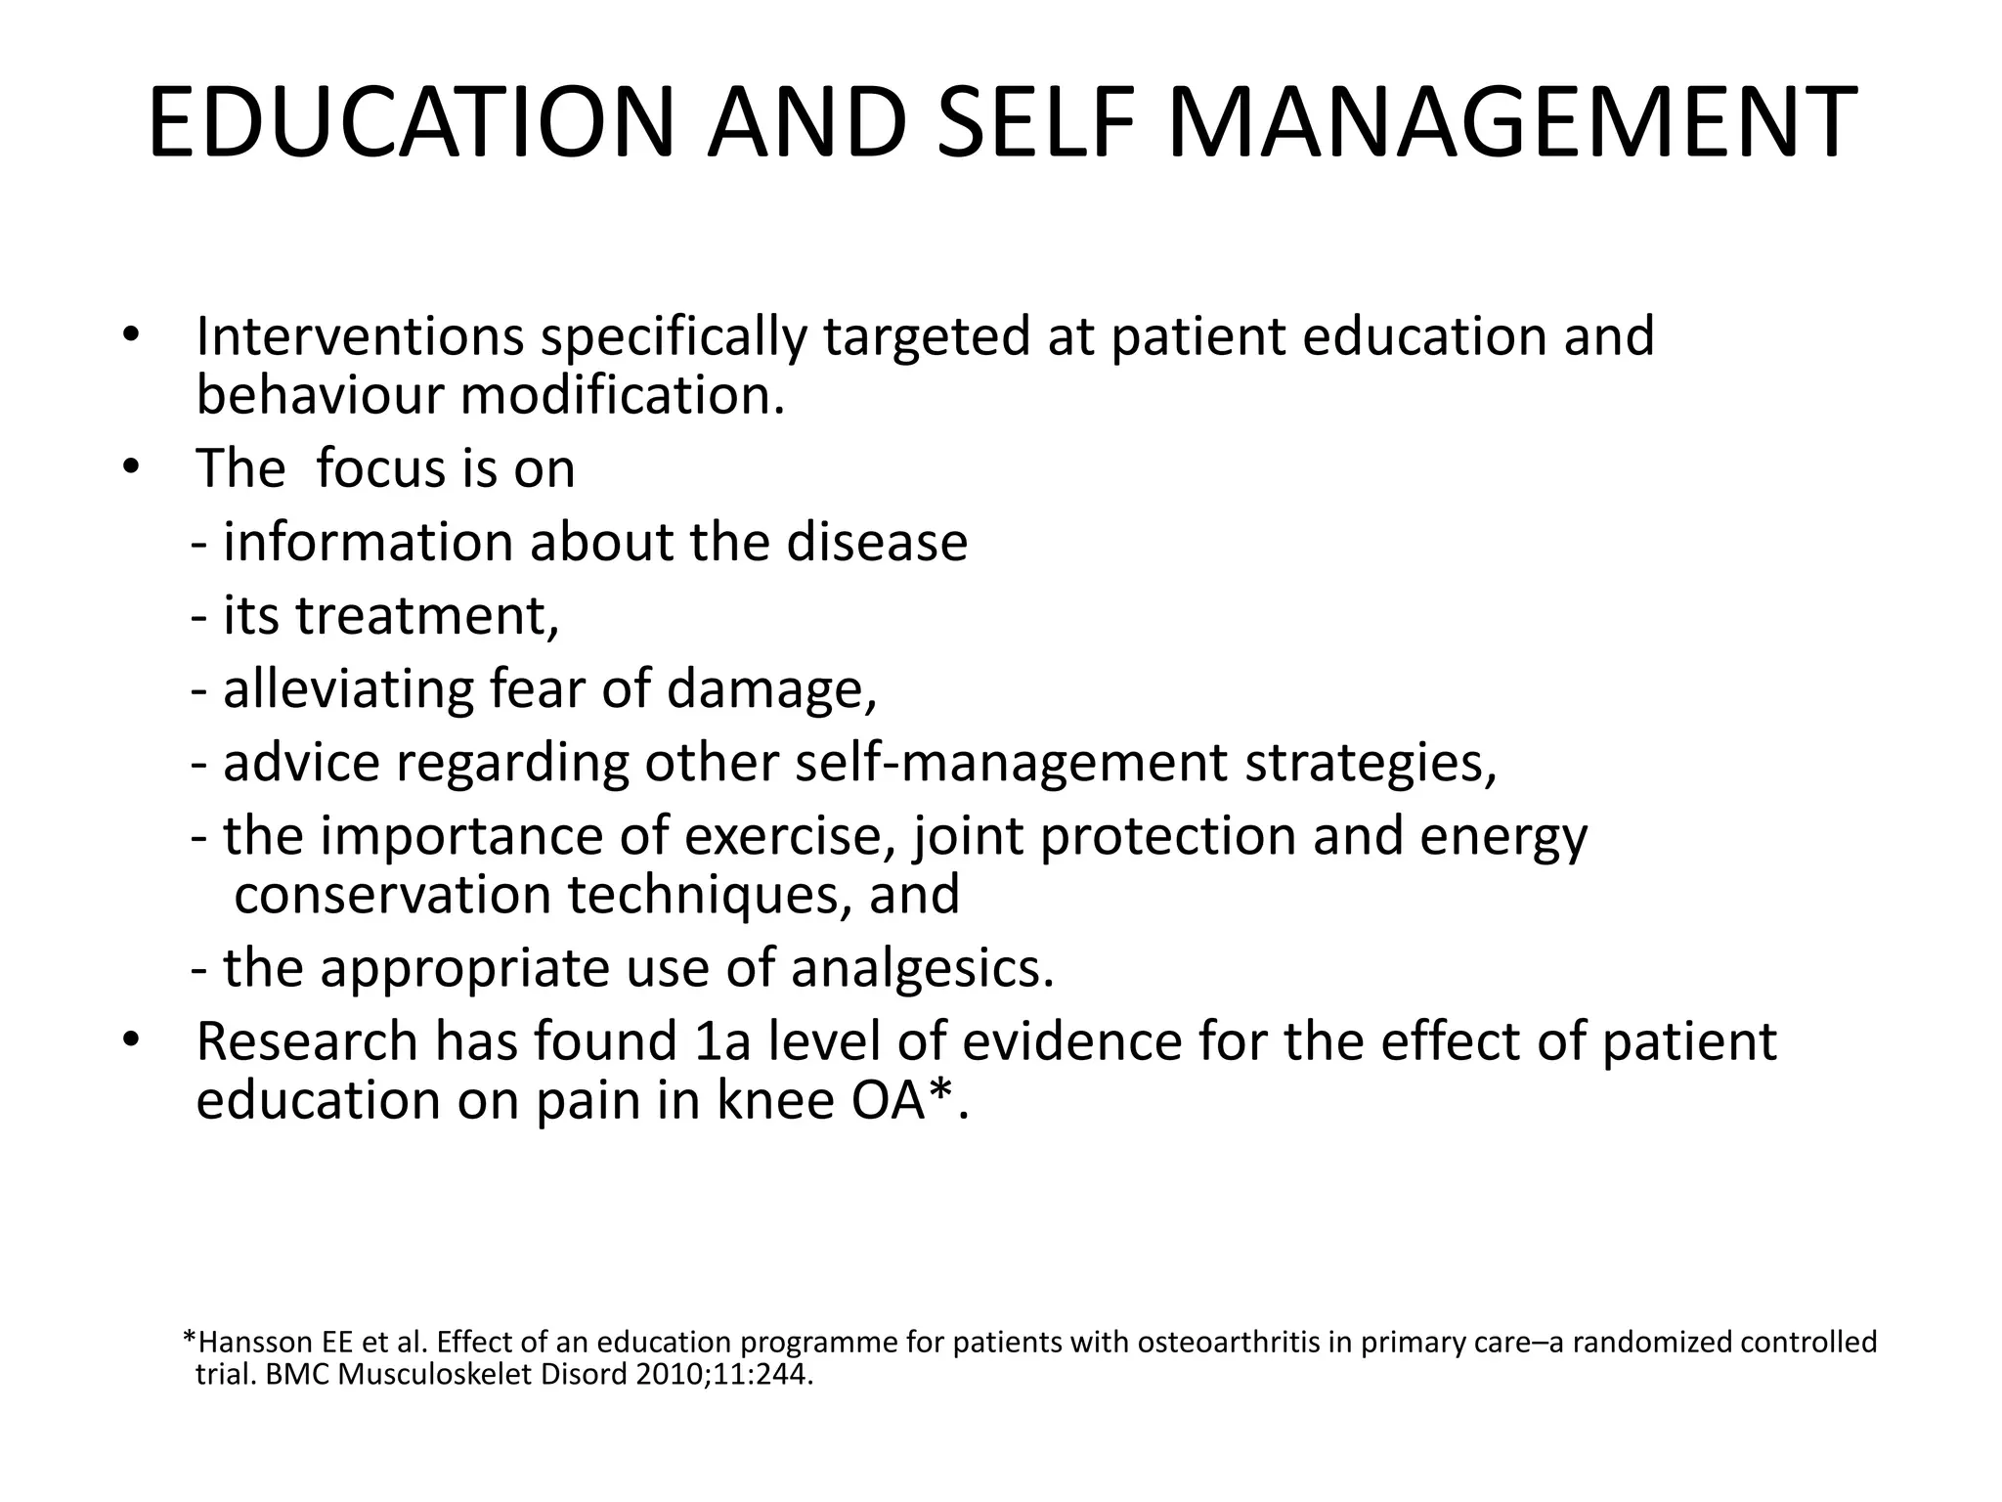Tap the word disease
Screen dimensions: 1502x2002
coord(877,542)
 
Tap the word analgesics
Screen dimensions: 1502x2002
coord(922,968)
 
